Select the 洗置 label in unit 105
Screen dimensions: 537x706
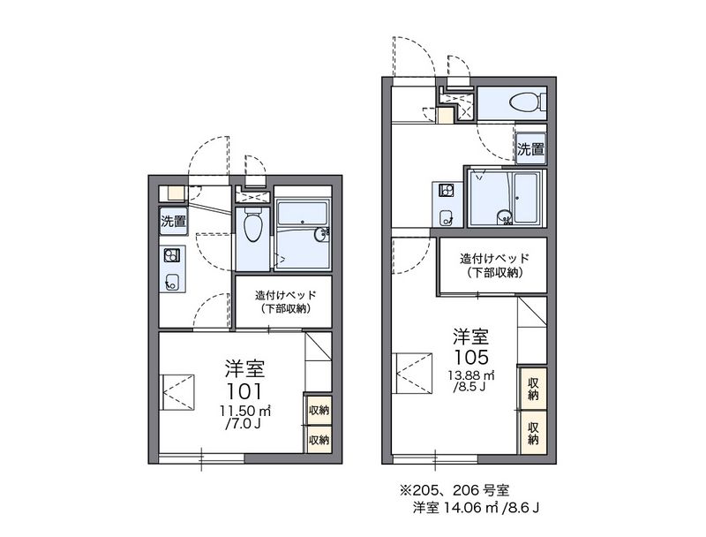click(x=529, y=149)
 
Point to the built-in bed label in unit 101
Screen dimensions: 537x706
click(x=282, y=301)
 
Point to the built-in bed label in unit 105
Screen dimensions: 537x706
click(x=493, y=265)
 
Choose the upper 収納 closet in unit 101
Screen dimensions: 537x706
click(x=318, y=411)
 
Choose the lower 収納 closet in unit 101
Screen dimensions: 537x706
click(x=318, y=439)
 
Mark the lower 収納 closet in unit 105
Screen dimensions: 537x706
click(x=533, y=432)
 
